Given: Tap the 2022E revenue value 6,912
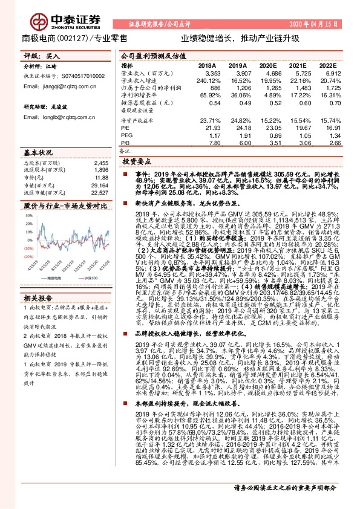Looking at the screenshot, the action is [329, 72].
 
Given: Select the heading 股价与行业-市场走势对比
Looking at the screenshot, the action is [61, 206].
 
